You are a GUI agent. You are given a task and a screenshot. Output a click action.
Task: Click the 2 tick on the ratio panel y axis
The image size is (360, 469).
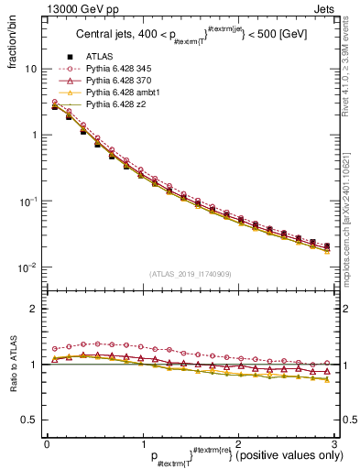click(x=33, y=309)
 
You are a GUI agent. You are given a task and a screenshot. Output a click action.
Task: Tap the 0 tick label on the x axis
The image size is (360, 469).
click(x=47, y=443)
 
